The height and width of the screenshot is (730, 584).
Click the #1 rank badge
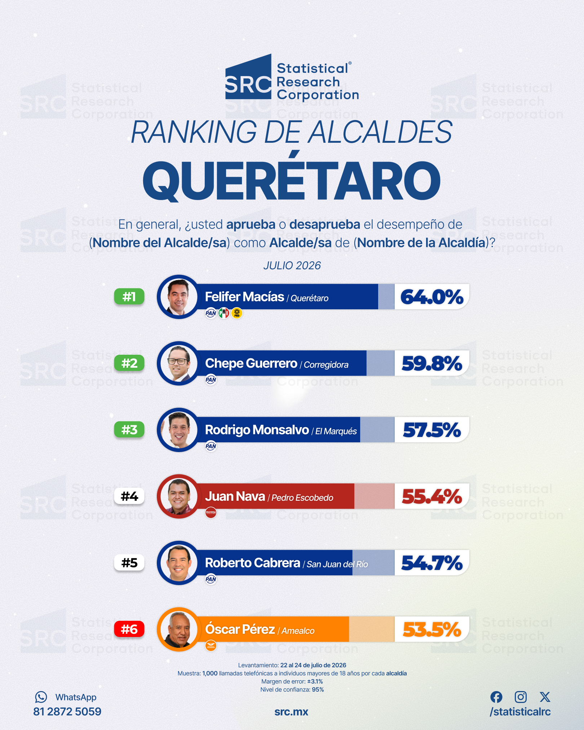click(x=129, y=297)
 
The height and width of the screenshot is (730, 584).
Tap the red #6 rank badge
click(x=129, y=629)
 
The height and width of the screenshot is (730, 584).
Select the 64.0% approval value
click(x=432, y=297)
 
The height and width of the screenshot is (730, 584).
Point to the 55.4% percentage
click(x=432, y=496)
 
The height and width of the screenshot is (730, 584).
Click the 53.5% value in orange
click(x=432, y=629)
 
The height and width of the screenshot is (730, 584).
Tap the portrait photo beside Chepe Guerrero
click(x=179, y=363)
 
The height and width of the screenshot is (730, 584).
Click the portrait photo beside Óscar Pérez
click(x=179, y=629)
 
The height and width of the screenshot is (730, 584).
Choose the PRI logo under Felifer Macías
click(x=224, y=313)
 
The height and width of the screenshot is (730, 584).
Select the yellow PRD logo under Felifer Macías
click(x=237, y=313)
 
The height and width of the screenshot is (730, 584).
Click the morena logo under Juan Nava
click(x=211, y=512)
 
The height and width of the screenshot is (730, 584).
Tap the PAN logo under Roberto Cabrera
click(x=211, y=579)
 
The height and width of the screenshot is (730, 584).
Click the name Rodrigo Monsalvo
click(x=257, y=430)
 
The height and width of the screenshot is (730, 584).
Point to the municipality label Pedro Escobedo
click(x=302, y=498)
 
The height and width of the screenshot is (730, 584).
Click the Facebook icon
click(x=496, y=697)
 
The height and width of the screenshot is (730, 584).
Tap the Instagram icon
click(x=521, y=697)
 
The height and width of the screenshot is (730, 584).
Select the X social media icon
click(x=545, y=697)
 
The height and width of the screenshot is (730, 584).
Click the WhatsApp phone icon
click(x=41, y=697)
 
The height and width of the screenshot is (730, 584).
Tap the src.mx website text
click(x=291, y=712)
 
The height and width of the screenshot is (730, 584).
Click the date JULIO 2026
click(x=292, y=266)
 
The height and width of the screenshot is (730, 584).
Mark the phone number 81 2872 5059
click(x=67, y=712)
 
